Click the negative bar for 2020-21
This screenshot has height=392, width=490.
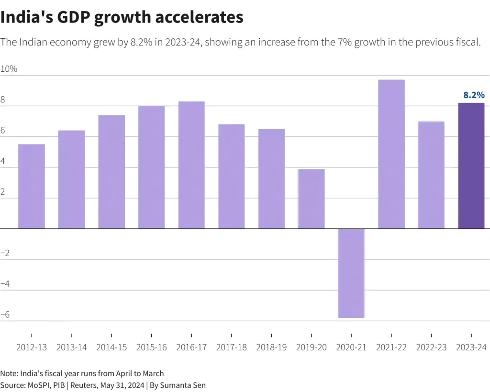351,273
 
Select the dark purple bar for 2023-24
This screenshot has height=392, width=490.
471,166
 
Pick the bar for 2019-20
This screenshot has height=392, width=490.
312,199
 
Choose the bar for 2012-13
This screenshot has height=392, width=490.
32,186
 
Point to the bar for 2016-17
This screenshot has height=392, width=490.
191,165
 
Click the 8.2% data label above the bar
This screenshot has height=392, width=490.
474,95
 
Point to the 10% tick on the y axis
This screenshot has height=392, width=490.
9,69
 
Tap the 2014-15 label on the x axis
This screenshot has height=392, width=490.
111,347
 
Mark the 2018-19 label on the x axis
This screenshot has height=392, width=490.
271,347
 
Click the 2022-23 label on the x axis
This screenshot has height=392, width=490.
431,347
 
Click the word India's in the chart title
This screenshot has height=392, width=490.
25,17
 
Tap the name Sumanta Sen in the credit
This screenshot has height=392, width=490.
183,385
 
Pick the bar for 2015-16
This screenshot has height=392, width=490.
152,167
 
